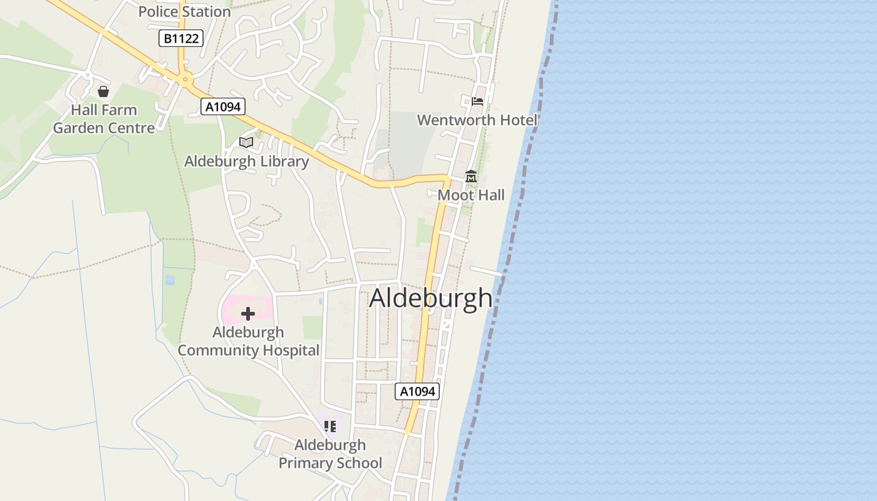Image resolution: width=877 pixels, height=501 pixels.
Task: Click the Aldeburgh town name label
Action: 431,298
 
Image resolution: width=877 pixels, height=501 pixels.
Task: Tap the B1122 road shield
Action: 181,39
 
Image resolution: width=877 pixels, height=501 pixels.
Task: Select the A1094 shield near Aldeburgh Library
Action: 223,106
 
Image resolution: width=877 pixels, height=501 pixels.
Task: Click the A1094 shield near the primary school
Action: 417,391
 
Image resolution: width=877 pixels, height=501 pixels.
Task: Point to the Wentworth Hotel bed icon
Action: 477,101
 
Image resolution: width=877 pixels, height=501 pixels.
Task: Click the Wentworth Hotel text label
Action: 477,120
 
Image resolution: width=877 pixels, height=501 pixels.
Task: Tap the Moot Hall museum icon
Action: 471,177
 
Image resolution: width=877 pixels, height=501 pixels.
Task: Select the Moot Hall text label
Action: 471,195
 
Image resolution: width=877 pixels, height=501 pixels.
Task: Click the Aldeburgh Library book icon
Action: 246,143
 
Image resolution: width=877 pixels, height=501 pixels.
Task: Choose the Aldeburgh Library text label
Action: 246,162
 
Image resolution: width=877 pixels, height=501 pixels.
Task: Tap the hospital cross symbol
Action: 248,313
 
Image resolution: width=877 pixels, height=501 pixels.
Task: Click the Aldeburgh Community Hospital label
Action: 248,341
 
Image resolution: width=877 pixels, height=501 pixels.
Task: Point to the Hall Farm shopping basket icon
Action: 103,92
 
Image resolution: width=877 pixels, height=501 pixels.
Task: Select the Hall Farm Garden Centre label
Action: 103,119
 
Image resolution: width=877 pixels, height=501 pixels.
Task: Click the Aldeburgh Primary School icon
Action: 330,426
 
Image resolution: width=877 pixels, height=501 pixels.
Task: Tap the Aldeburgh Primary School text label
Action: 330,454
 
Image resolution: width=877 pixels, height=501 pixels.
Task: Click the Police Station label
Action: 184,11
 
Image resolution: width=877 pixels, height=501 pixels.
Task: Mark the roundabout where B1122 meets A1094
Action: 185,80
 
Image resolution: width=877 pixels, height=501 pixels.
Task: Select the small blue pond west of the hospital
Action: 170,280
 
